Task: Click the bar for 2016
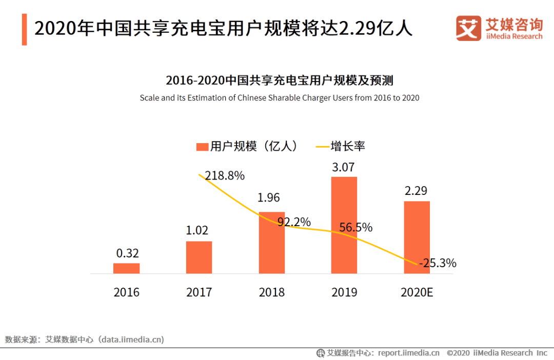pyautogui.click(x=126, y=268)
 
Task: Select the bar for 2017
pyautogui.click(x=199, y=257)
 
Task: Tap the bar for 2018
pyautogui.click(x=271, y=243)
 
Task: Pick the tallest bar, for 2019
pyautogui.click(x=344, y=225)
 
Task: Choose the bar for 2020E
pyautogui.click(x=417, y=237)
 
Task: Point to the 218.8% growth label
pyautogui.click(x=225, y=176)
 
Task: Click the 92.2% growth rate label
pyautogui.click(x=294, y=222)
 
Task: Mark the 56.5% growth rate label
pyautogui.click(x=355, y=227)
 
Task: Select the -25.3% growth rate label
pyautogui.click(x=438, y=264)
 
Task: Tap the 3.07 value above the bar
pyautogui.click(x=344, y=167)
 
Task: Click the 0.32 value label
pyautogui.click(x=127, y=253)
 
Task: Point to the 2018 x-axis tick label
pyautogui.click(x=271, y=293)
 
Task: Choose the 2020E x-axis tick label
pyautogui.click(x=417, y=293)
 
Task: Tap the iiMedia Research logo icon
pyautogui.click(x=468, y=28)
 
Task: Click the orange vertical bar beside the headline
pyautogui.click(x=25, y=29)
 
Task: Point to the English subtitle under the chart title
pyautogui.click(x=280, y=98)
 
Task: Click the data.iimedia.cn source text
pyautogui.click(x=132, y=339)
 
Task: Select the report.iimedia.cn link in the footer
pyautogui.click(x=409, y=353)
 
